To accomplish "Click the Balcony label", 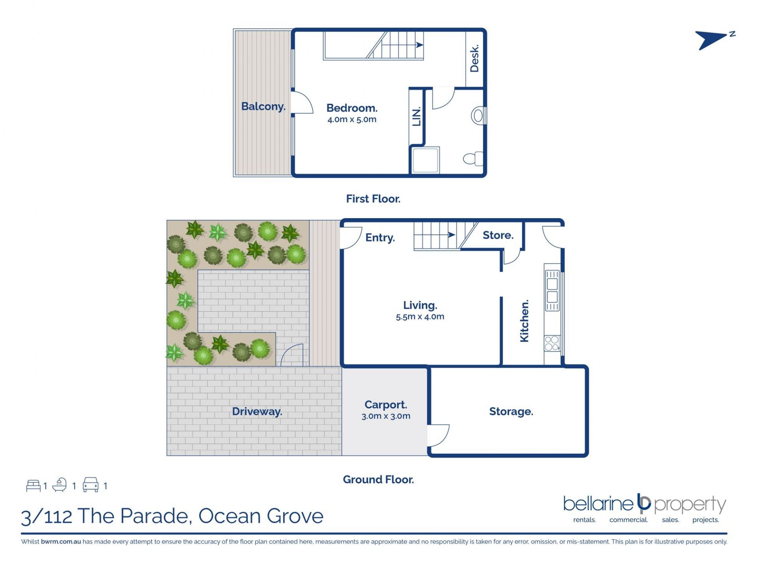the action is pyautogui.click(x=263, y=106).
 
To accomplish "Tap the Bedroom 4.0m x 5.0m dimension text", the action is pyautogui.click(x=352, y=120).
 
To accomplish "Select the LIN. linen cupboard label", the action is pyautogui.click(x=416, y=116).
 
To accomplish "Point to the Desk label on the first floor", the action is pyautogui.click(x=474, y=58).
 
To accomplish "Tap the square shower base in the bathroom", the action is pyautogui.click(x=425, y=160).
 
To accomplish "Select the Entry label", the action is pyautogui.click(x=380, y=238).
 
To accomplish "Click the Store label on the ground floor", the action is pyautogui.click(x=498, y=235).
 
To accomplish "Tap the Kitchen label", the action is pyautogui.click(x=524, y=321).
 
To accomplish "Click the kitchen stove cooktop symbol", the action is pyautogui.click(x=552, y=343).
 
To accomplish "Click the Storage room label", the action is pyautogui.click(x=511, y=411).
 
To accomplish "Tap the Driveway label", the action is pyautogui.click(x=257, y=412).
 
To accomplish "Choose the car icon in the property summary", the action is pyautogui.click(x=90, y=485).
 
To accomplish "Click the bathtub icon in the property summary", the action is pyautogui.click(x=60, y=485).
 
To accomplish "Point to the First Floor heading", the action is pyautogui.click(x=373, y=199).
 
